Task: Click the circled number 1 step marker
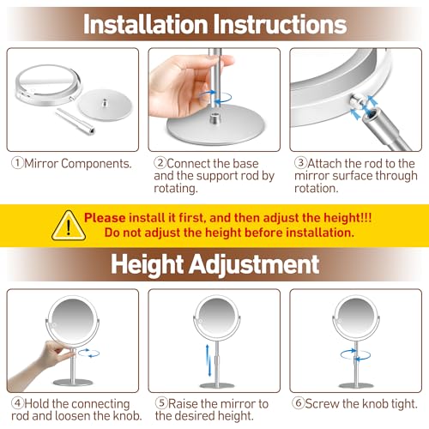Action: (17, 162)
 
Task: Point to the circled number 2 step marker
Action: (160, 162)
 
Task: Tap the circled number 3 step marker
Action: (300, 162)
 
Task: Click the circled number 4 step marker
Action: (16, 403)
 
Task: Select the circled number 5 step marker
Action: (160, 403)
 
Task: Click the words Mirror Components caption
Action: (77, 162)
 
